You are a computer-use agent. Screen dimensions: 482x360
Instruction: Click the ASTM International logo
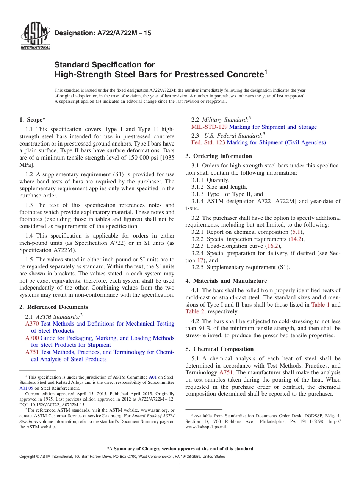click(35, 36)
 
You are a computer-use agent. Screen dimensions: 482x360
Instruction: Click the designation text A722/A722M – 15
click(103, 33)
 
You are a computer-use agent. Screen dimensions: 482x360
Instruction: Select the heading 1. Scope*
click(33, 120)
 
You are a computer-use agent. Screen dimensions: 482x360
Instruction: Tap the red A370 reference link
click(32, 324)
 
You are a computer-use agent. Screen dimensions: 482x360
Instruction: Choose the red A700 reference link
click(32, 338)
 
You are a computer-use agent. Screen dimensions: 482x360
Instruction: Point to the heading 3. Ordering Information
click(219, 156)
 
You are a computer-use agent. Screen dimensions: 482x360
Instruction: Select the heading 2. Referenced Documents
click(54, 307)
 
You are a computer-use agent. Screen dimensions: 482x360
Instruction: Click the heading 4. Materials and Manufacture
click(226, 281)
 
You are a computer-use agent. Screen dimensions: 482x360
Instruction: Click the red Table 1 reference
click(321, 304)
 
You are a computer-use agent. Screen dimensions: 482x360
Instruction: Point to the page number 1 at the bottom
click(180, 466)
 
